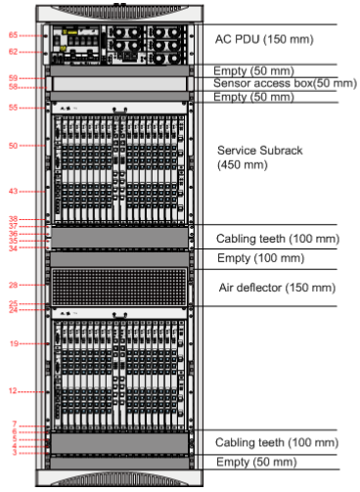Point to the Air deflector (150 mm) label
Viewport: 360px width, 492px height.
(277, 288)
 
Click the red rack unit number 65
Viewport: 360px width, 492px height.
(14, 35)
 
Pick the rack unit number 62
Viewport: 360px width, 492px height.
(14, 51)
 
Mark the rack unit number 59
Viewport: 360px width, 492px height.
(14, 77)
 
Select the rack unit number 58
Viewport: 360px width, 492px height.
(14, 86)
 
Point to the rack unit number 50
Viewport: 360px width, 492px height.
(14, 146)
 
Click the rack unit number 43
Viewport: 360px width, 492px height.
(14, 191)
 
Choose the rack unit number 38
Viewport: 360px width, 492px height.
(14, 219)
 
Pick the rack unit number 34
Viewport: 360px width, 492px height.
(14, 248)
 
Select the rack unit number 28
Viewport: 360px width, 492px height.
(14, 286)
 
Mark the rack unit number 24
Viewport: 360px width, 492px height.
(14, 310)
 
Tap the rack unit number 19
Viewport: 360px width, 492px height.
(14, 344)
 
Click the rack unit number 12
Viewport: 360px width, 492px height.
(14, 391)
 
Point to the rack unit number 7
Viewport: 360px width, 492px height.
(14, 425)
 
